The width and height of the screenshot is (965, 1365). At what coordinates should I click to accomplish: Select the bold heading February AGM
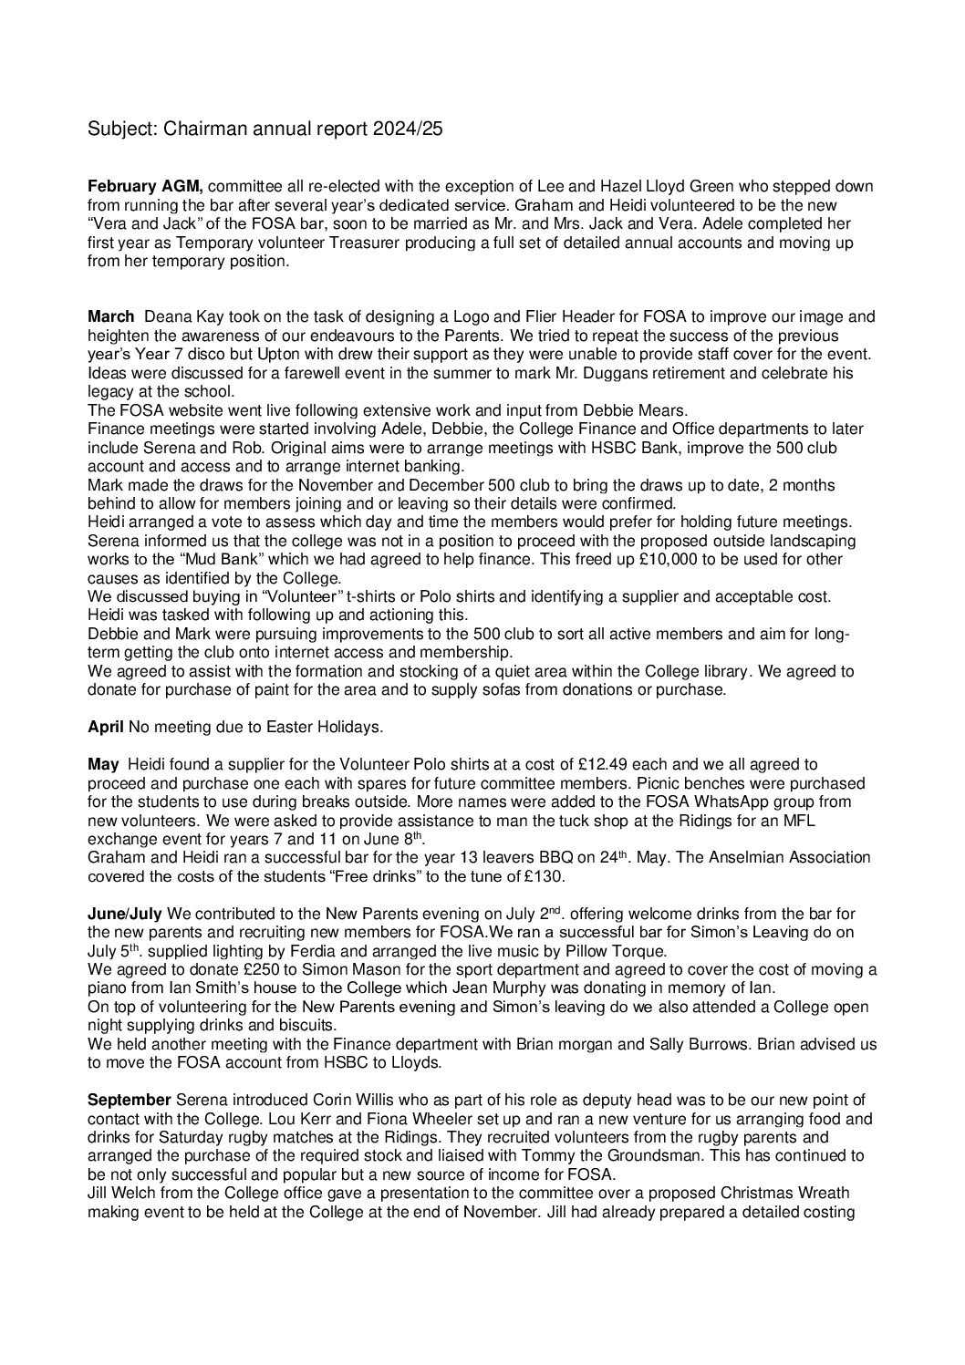coord(145,186)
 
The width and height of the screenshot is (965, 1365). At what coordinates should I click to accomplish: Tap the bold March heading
coord(109,317)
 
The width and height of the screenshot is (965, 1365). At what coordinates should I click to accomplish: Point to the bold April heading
coord(105,728)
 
